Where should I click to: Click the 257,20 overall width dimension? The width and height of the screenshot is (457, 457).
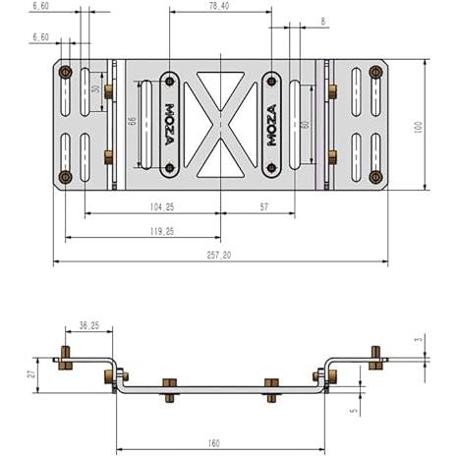click(x=219, y=256)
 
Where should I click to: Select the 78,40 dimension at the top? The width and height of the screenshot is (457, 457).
click(x=219, y=6)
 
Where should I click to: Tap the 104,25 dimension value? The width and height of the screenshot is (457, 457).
click(x=162, y=207)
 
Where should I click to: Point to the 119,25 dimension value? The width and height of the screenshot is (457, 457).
click(x=162, y=232)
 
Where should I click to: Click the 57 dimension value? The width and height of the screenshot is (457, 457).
click(x=264, y=207)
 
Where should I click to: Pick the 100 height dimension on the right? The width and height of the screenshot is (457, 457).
click(x=419, y=127)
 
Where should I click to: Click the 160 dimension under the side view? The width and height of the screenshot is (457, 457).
click(x=213, y=443)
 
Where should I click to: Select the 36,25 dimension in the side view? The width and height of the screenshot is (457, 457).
click(x=89, y=325)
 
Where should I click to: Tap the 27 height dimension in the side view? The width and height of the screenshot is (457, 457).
click(x=31, y=373)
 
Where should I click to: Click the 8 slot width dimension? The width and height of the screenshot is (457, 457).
click(x=323, y=22)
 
